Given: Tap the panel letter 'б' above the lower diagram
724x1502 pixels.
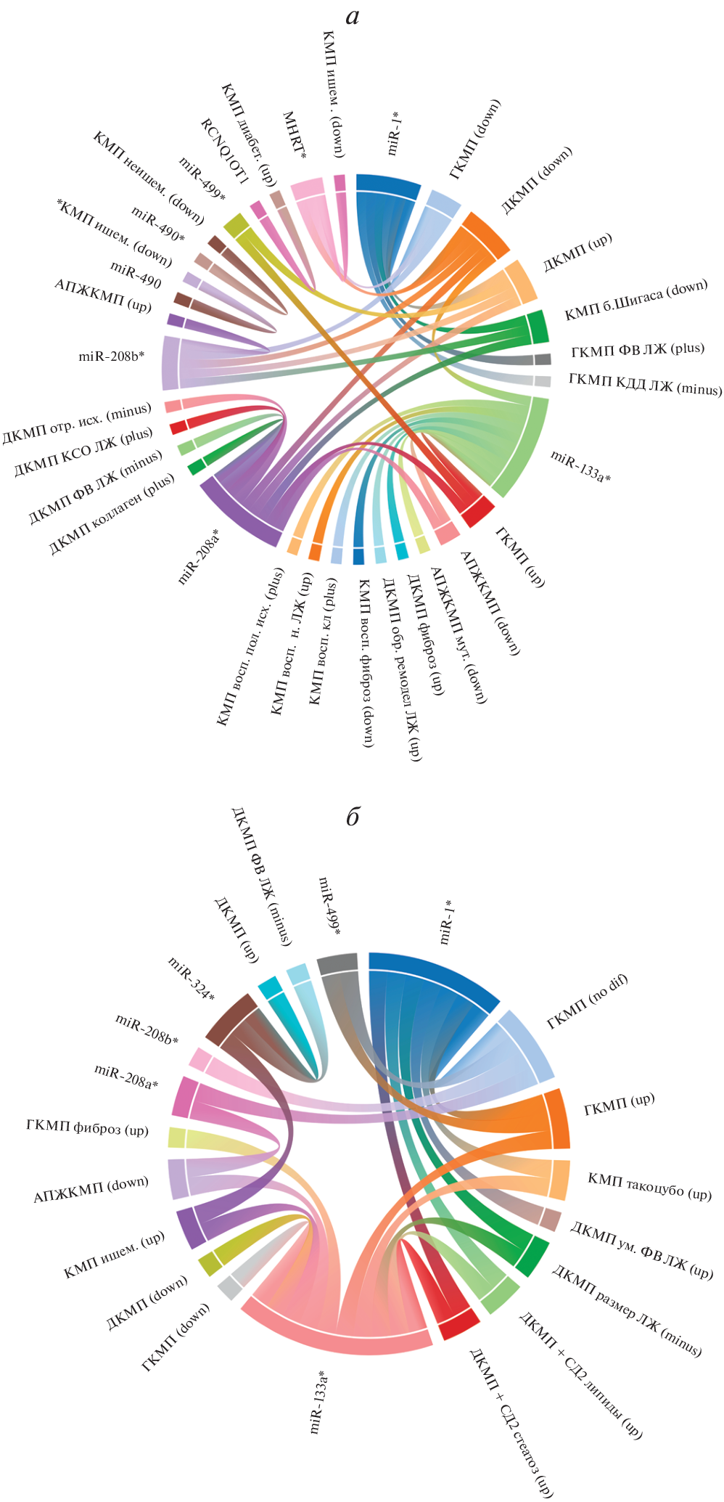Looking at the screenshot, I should tap(353, 817).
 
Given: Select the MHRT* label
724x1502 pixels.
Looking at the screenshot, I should tap(294, 136).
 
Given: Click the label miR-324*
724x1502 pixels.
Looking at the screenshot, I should tap(192, 979).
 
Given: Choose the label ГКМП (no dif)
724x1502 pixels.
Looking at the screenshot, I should tap(588, 1002).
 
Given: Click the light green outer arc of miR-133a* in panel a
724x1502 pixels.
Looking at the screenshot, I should tap(532, 450).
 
